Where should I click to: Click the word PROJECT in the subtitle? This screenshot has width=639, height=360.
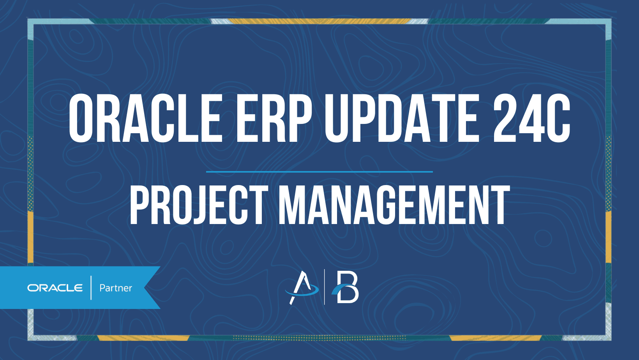[199, 205]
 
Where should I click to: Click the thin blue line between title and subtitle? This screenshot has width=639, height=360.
[319, 171]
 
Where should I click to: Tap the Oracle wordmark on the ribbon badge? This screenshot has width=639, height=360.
[55, 288]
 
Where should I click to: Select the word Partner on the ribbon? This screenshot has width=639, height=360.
[116, 288]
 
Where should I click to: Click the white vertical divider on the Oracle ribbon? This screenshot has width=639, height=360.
[91, 288]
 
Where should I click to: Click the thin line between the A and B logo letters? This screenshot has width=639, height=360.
[325, 287]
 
